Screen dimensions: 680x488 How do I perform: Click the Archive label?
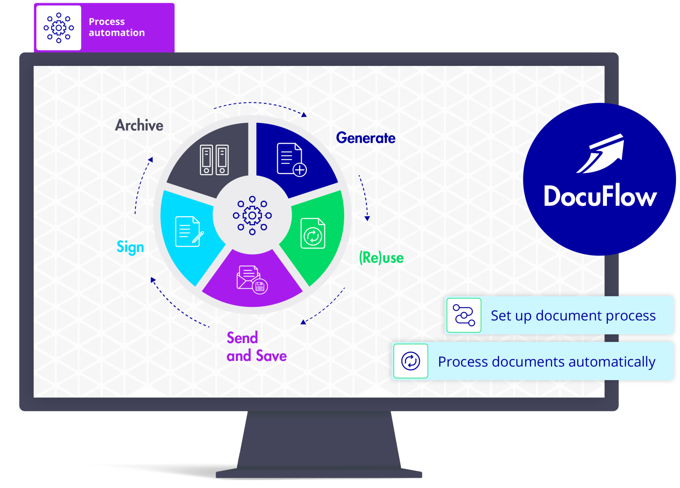click(139, 125)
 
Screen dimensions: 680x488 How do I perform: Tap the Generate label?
click(366, 138)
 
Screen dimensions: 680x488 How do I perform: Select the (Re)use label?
click(382, 258)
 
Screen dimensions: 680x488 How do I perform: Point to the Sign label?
click(130, 247)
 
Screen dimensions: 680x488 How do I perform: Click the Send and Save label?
click(257, 347)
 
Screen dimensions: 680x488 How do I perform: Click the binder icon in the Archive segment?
click(214, 160)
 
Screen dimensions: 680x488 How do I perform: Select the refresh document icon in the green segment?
click(313, 233)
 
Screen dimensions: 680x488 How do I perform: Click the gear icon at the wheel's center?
click(252, 216)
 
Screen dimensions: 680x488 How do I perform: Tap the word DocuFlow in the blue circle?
click(600, 196)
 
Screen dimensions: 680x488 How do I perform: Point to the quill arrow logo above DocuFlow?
click(600, 153)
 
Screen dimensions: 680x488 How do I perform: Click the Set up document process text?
click(573, 315)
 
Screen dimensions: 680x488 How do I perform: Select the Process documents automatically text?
click(547, 362)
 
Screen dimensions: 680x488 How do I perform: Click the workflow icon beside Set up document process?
click(464, 315)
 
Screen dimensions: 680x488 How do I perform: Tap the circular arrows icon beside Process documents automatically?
click(411, 361)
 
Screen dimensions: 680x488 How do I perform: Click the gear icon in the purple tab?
click(59, 28)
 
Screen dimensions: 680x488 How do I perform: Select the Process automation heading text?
click(117, 27)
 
